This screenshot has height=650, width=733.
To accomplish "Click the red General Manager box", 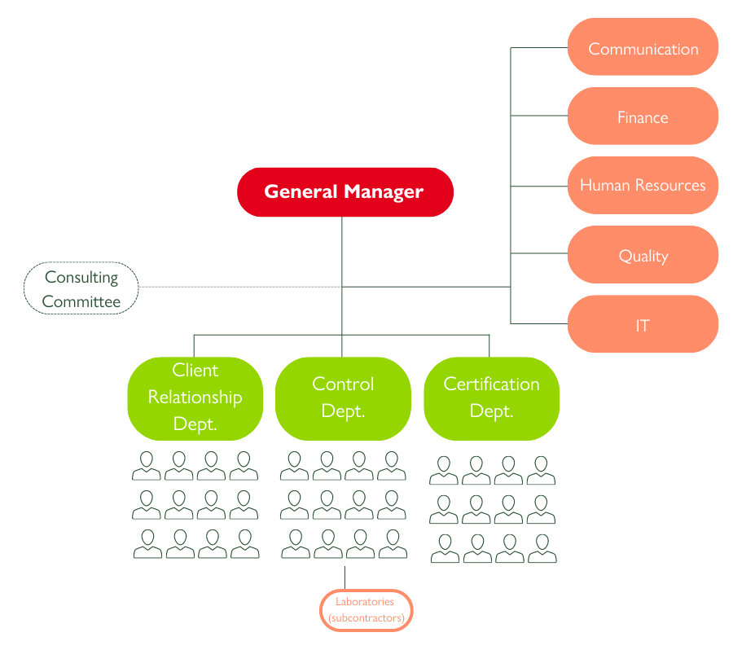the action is click(345, 191).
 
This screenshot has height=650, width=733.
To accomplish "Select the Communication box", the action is click(643, 46).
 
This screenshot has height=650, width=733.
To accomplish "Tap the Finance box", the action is click(643, 116).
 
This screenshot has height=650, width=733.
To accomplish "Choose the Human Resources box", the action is click(643, 185).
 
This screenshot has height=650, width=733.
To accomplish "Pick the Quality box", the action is click(643, 254).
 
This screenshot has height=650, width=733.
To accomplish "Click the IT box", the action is click(643, 323).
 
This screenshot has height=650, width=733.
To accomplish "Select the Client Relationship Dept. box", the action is click(195, 399).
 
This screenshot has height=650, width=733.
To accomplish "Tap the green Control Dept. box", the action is click(343, 399).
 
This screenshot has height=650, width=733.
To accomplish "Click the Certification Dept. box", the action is click(491, 399).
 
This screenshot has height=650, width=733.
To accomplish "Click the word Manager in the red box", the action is click(384, 192).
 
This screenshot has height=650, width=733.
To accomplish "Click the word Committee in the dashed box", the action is click(81, 301).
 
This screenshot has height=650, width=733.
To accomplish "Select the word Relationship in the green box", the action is click(195, 397).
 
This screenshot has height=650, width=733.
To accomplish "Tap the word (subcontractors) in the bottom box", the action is click(366, 618).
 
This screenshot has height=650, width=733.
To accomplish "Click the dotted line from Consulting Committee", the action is click(240, 287).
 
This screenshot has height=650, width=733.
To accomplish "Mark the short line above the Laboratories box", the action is click(345, 578).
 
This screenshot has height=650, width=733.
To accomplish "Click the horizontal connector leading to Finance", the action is click(539, 116).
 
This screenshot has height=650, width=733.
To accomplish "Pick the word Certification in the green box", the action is click(491, 384).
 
